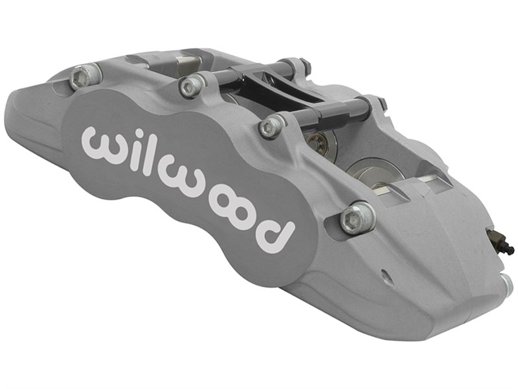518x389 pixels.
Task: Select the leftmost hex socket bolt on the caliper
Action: click(x=80, y=78)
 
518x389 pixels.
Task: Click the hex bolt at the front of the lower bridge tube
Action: click(x=272, y=126)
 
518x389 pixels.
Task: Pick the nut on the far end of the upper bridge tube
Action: click(x=303, y=65)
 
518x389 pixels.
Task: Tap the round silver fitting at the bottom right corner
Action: click(x=506, y=283)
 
